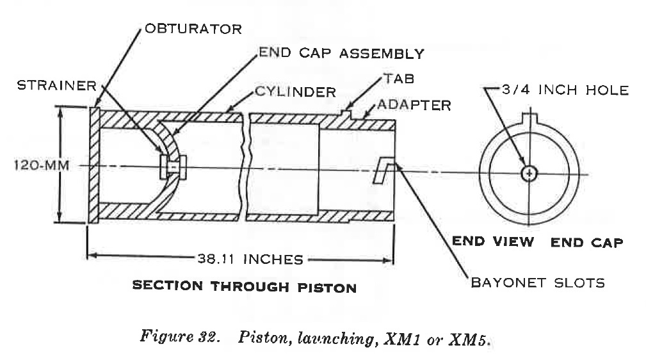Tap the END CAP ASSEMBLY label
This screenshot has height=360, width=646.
pyautogui.click(x=341, y=53)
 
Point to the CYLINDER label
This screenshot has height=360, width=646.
pyautogui.click(x=295, y=92)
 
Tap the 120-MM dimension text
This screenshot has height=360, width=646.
pyautogui.click(x=40, y=166)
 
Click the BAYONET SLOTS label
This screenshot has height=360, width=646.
pyautogui.click(x=538, y=282)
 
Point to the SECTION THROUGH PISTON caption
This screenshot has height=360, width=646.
pyautogui.click(x=244, y=286)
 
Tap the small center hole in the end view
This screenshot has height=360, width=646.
pyautogui.click(x=529, y=173)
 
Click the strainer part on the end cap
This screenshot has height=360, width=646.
pyautogui.click(x=172, y=167)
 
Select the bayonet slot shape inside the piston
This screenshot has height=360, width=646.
pyautogui.click(x=384, y=170)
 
